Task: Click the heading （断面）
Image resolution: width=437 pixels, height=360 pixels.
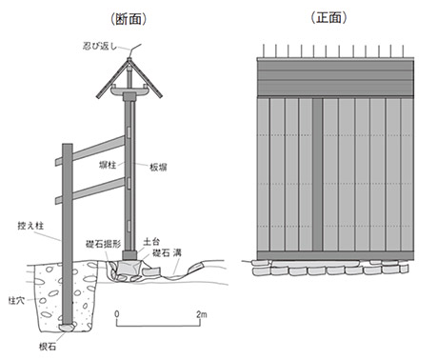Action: [129, 19]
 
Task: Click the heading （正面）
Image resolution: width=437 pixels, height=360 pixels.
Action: [328, 17]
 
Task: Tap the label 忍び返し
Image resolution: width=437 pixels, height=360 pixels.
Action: [100, 46]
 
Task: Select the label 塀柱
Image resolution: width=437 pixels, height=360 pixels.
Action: [108, 165]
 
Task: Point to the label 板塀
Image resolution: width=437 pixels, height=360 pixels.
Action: [158, 168]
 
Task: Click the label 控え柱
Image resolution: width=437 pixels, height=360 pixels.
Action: [30, 226]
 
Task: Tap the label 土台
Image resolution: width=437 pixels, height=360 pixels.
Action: [151, 242]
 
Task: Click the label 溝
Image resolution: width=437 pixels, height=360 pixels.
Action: [177, 253]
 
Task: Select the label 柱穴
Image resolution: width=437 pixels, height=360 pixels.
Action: [16, 300]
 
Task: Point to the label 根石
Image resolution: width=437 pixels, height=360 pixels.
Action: [48, 347]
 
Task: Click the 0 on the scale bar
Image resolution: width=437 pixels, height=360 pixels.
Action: [117, 314]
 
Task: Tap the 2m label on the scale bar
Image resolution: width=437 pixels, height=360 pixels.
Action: [201, 314]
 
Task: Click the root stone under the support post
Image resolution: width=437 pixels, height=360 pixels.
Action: [67, 327]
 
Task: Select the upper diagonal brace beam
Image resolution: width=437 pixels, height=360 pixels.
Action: [90, 150]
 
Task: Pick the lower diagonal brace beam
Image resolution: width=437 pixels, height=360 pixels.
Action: [90, 190]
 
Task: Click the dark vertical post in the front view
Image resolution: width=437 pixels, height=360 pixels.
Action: [317, 174]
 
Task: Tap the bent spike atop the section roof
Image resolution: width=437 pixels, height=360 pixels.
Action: [135, 50]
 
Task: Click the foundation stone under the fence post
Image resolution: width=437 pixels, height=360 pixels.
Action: [129, 267]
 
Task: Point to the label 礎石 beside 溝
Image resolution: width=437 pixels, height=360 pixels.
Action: [161, 253]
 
